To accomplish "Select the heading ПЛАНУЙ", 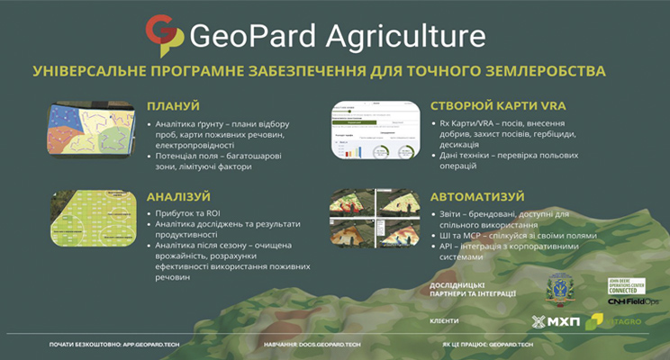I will tap(173, 105).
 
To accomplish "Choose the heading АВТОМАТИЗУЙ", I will tap(476, 195).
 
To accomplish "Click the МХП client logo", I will tap(552, 321).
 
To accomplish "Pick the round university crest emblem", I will tap(563, 288).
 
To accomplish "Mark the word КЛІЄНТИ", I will tap(446, 320).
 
